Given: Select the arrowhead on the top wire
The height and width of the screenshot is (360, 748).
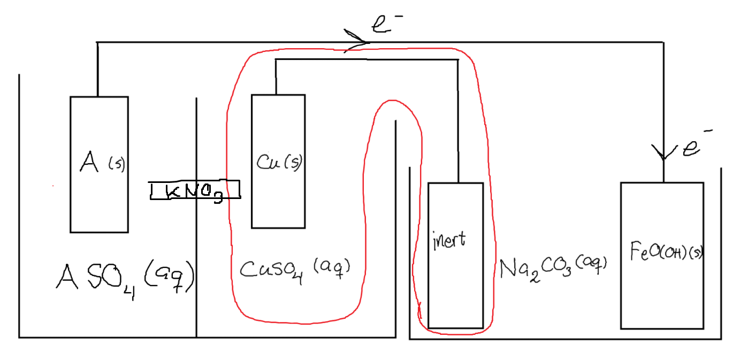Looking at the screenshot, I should click(x=358, y=42).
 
